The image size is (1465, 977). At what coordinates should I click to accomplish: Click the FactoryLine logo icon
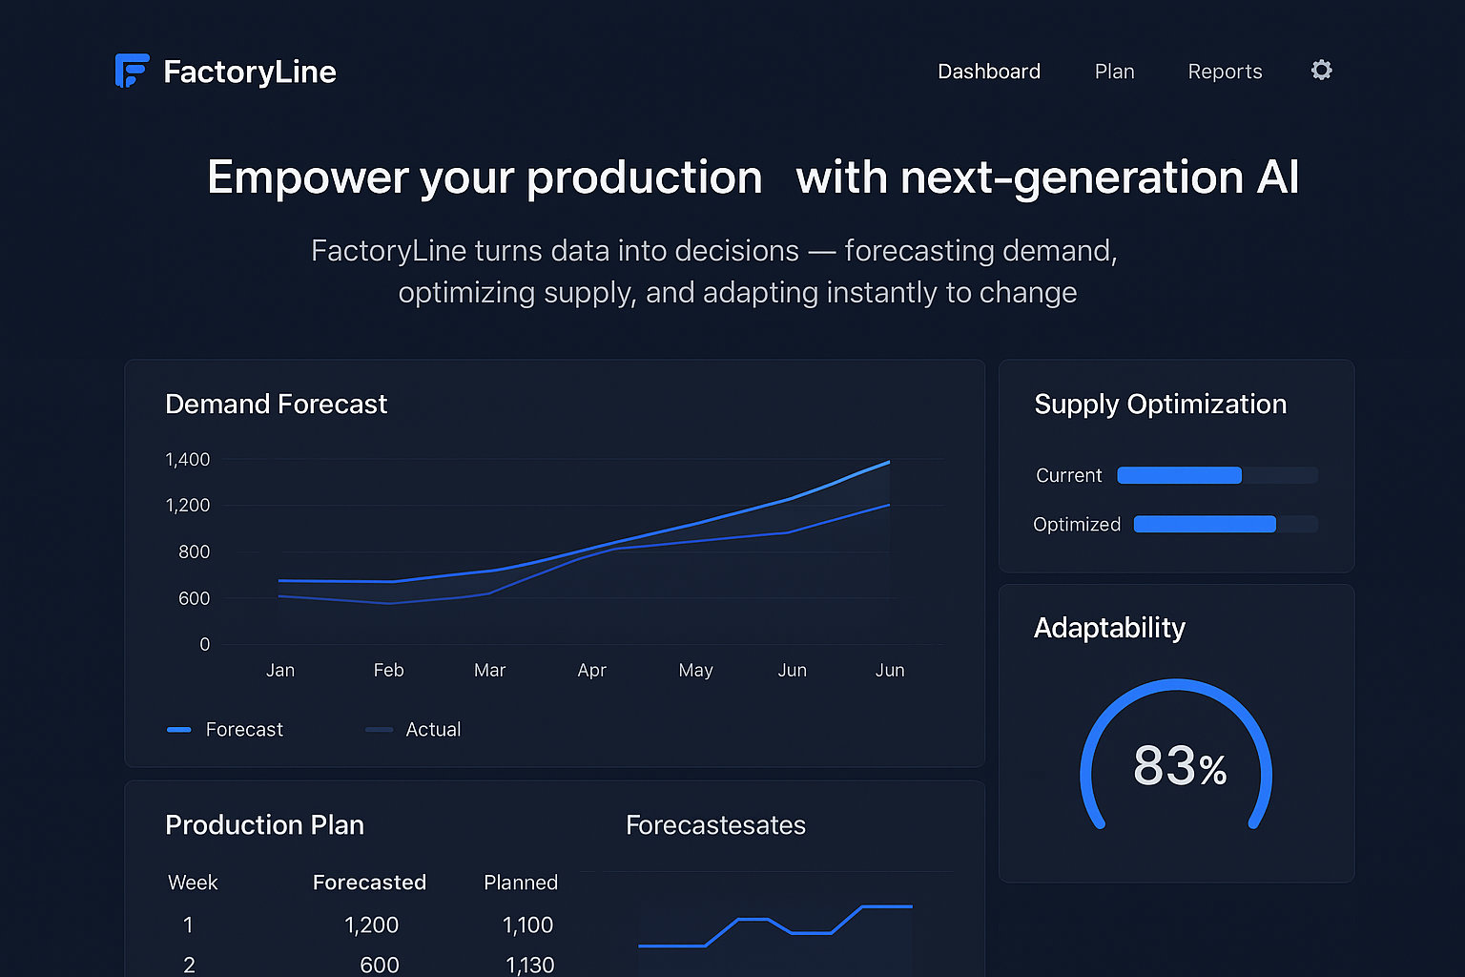pos(132,71)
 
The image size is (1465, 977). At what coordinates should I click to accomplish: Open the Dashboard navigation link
pos(988,72)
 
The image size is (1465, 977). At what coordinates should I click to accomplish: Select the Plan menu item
pos(1114,72)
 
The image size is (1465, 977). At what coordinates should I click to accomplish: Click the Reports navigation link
pos(1225,72)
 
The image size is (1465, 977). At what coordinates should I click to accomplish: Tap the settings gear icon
pos(1321,70)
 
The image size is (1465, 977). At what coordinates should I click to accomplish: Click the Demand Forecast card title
pos(276,405)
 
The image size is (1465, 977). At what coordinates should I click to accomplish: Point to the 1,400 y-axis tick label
pos(187,460)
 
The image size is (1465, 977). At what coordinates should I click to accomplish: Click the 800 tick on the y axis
pos(194,552)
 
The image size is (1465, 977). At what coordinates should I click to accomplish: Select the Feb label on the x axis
pos(388,671)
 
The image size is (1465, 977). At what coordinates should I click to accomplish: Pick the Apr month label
pos(591,671)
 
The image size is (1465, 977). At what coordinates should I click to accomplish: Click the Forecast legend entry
pos(226,730)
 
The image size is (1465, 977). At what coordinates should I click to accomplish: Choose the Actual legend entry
pos(414,730)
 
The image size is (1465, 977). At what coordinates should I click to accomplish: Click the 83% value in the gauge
pos(1179,766)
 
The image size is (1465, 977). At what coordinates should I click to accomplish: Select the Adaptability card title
pos(1109,628)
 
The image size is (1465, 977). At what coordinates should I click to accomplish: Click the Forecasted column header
pos(369,883)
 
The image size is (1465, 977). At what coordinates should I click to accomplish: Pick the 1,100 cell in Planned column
pos(527,925)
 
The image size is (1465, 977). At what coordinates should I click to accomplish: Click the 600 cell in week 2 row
pos(379,965)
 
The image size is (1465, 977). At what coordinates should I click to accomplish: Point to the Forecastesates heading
pos(715,825)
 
